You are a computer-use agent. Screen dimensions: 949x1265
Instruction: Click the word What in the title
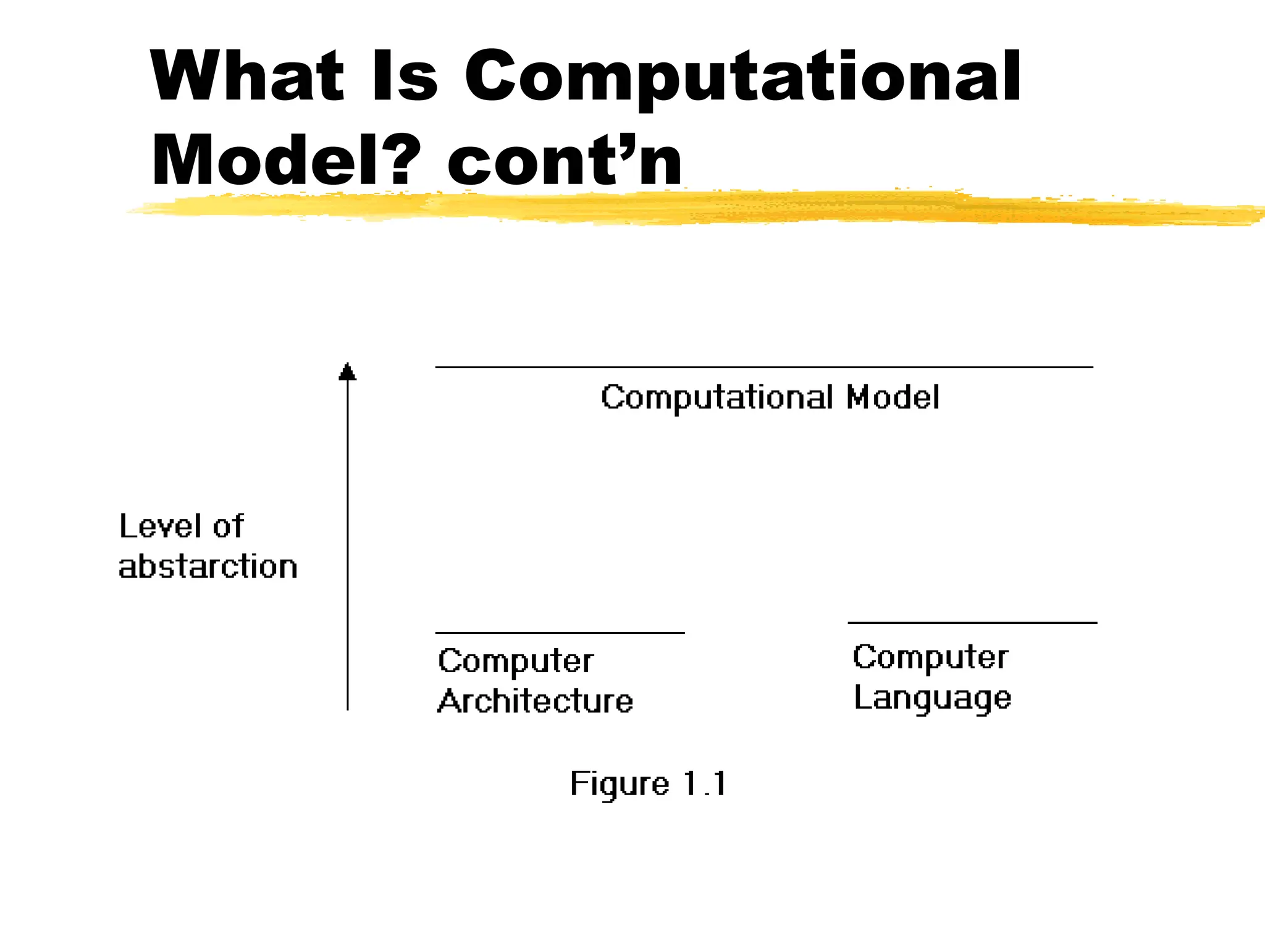click(x=246, y=77)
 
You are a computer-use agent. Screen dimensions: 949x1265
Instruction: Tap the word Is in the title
click(x=405, y=77)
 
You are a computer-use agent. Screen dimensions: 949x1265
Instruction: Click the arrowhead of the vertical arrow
click(x=348, y=371)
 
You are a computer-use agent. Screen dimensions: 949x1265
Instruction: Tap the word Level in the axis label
click(x=160, y=526)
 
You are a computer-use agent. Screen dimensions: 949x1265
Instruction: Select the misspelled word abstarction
click(x=208, y=567)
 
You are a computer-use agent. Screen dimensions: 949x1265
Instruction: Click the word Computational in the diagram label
click(x=717, y=398)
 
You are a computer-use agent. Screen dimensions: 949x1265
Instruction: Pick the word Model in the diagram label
click(x=893, y=397)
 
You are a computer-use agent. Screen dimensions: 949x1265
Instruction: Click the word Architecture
click(x=535, y=701)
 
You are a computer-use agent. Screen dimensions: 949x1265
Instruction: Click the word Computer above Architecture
click(x=515, y=661)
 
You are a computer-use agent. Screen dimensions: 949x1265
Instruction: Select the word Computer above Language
click(x=930, y=657)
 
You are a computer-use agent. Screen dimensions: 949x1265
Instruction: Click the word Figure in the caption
click(x=620, y=785)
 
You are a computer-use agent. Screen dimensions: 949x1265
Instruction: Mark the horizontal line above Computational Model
click(x=763, y=367)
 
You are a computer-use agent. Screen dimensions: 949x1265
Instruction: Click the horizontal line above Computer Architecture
click(x=560, y=633)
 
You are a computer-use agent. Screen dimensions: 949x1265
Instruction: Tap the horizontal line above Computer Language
click(x=972, y=623)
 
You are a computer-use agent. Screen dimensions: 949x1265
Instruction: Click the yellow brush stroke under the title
click(x=679, y=208)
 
